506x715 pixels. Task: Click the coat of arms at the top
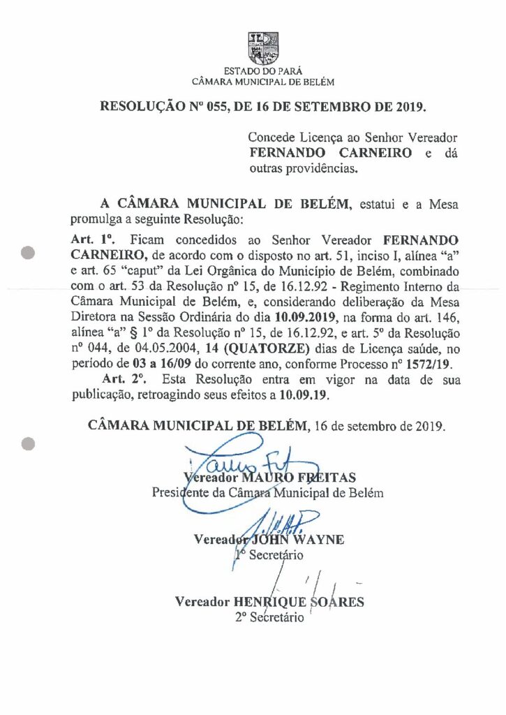point(262,47)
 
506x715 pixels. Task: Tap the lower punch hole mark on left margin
point(29,443)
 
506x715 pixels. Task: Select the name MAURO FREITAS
point(299,478)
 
